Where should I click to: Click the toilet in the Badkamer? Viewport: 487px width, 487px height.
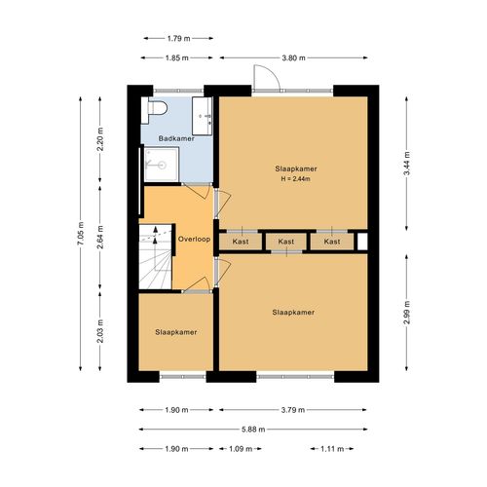tap(154, 110)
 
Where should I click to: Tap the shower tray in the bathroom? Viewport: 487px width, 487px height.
tap(162, 165)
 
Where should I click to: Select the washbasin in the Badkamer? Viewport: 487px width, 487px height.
tap(203, 116)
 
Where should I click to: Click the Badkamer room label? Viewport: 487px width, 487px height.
tap(176, 138)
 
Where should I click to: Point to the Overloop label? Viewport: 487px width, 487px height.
tap(194, 240)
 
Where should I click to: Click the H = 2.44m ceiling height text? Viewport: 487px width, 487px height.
tap(296, 179)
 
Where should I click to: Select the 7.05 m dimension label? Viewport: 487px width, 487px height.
tap(81, 234)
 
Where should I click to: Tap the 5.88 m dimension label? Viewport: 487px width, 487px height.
tap(253, 430)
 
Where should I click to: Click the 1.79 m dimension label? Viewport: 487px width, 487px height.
tap(178, 38)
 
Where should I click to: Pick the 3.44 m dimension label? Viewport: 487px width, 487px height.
tap(407, 164)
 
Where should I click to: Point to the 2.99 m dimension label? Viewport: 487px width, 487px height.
tap(407, 313)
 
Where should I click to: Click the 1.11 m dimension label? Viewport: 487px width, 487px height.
tap(332, 449)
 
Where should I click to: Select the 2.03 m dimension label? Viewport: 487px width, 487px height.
tap(100, 331)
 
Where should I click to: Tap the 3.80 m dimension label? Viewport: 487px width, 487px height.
tap(293, 58)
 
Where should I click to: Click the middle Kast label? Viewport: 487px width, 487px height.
tap(286, 242)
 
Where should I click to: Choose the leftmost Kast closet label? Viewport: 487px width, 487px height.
tap(241, 242)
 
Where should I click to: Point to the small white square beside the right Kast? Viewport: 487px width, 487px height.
tap(362, 242)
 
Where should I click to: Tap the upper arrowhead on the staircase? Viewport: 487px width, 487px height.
tap(156, 229)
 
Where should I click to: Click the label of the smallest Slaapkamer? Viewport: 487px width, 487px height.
tap(176, 332)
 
